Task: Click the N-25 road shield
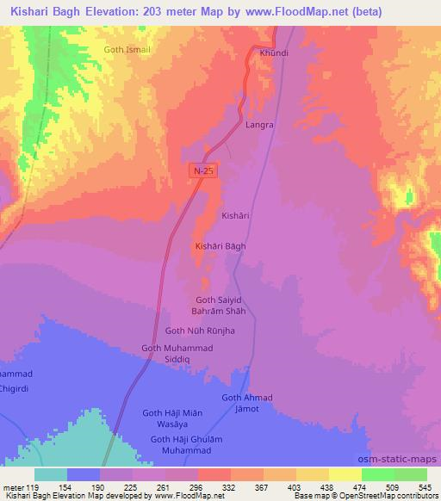coord(203,171)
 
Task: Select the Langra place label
coord(259,125)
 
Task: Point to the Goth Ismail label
coord(127,50)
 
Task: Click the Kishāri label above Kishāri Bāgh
coord(235,214)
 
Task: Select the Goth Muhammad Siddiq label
coord(177,353)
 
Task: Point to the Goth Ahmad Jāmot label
coord(247,402)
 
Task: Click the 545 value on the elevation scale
coord(425,486)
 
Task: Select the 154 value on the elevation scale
coord(84,486)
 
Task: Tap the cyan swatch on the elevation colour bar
coord(51,474)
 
